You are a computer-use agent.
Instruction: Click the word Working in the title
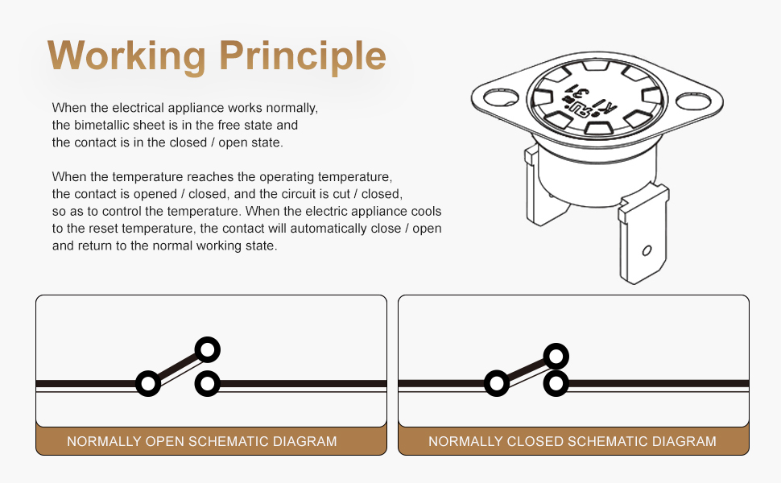pos(126,55)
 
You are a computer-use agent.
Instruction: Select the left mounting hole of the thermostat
pos(500,97)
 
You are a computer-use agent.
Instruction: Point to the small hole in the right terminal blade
pos(646,250)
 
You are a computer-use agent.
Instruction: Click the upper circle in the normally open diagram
pos(208,350)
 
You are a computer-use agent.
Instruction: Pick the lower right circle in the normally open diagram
pos(208,383)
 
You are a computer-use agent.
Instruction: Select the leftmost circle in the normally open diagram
pos(148,383)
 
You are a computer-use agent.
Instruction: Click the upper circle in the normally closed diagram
pos(556,356)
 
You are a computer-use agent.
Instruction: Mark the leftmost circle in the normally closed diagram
pos(497,383)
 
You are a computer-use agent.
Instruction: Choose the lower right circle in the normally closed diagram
pos(556,383)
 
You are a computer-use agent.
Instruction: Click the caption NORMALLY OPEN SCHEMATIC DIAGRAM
pos(201,441)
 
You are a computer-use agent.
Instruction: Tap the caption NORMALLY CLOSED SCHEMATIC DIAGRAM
pos(572,441)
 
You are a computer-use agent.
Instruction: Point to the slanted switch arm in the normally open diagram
pos(178,366)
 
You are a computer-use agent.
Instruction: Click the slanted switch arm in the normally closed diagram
pos(526,369)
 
